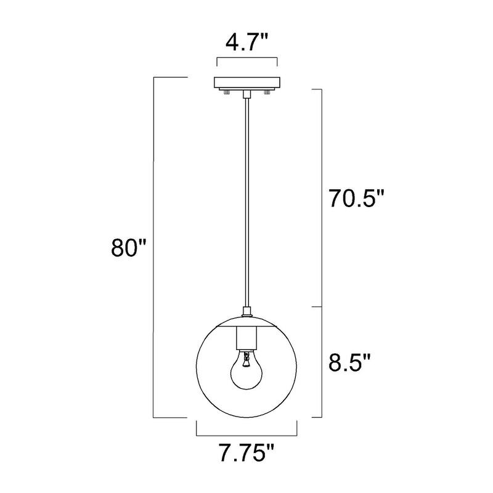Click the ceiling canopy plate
246,83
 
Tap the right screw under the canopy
267,92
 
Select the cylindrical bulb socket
246,336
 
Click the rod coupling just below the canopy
246,94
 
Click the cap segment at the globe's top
246,322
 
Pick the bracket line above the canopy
246,59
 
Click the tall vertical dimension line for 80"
153,246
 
